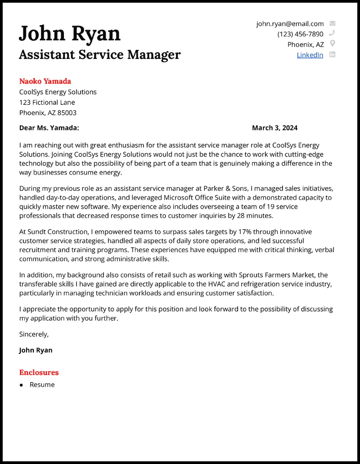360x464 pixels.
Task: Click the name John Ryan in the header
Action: [x=70, y=34]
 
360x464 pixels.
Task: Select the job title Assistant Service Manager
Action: [x=99, y=55]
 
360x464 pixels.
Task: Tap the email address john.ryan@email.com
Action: [x=290, y=24]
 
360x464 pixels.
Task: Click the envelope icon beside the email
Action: [x=333, y=23]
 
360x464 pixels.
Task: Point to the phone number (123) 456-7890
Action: [x=300, y=34]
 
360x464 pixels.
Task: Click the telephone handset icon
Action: [x=333, y=33]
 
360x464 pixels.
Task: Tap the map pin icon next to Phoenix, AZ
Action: [x=333, y=44]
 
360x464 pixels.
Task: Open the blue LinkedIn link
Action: [x=310, y=55]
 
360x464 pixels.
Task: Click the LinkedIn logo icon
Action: [x=333, y=54]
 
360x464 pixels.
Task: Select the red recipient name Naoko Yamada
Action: [x=45, y=81]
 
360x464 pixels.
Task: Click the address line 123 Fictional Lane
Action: [x=47, y=103]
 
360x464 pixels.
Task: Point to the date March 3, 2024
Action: [x=274, y=128]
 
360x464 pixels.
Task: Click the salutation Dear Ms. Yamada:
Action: [x=49, y=128]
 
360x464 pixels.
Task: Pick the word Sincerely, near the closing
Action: [x=34, y=334]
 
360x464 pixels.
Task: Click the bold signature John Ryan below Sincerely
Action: [x=36, y=350]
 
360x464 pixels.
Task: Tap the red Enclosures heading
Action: [x=39, y=372]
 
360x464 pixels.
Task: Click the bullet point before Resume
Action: [x=21, y=385]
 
